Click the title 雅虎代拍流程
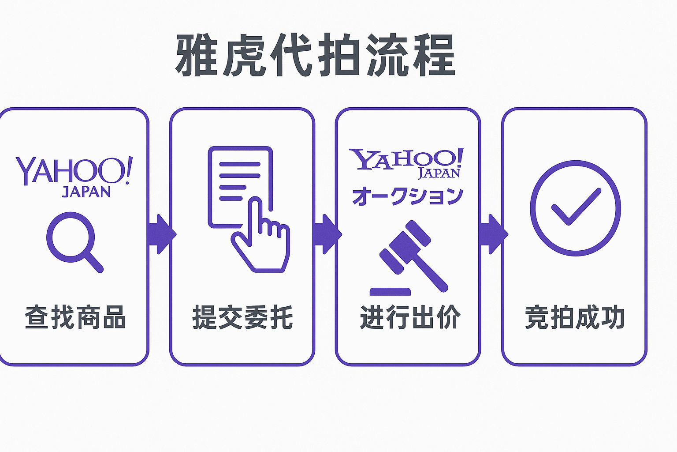316,56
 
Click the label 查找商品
75,317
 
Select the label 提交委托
242,317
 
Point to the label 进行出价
410,317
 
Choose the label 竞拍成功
575,317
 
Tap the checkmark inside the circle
576,207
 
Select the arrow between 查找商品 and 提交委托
160,234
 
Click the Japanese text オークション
408,196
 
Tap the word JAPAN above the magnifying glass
86,192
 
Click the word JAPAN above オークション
439,173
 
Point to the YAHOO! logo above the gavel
405,159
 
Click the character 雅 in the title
197,56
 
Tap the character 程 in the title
434,56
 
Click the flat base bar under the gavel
390,291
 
